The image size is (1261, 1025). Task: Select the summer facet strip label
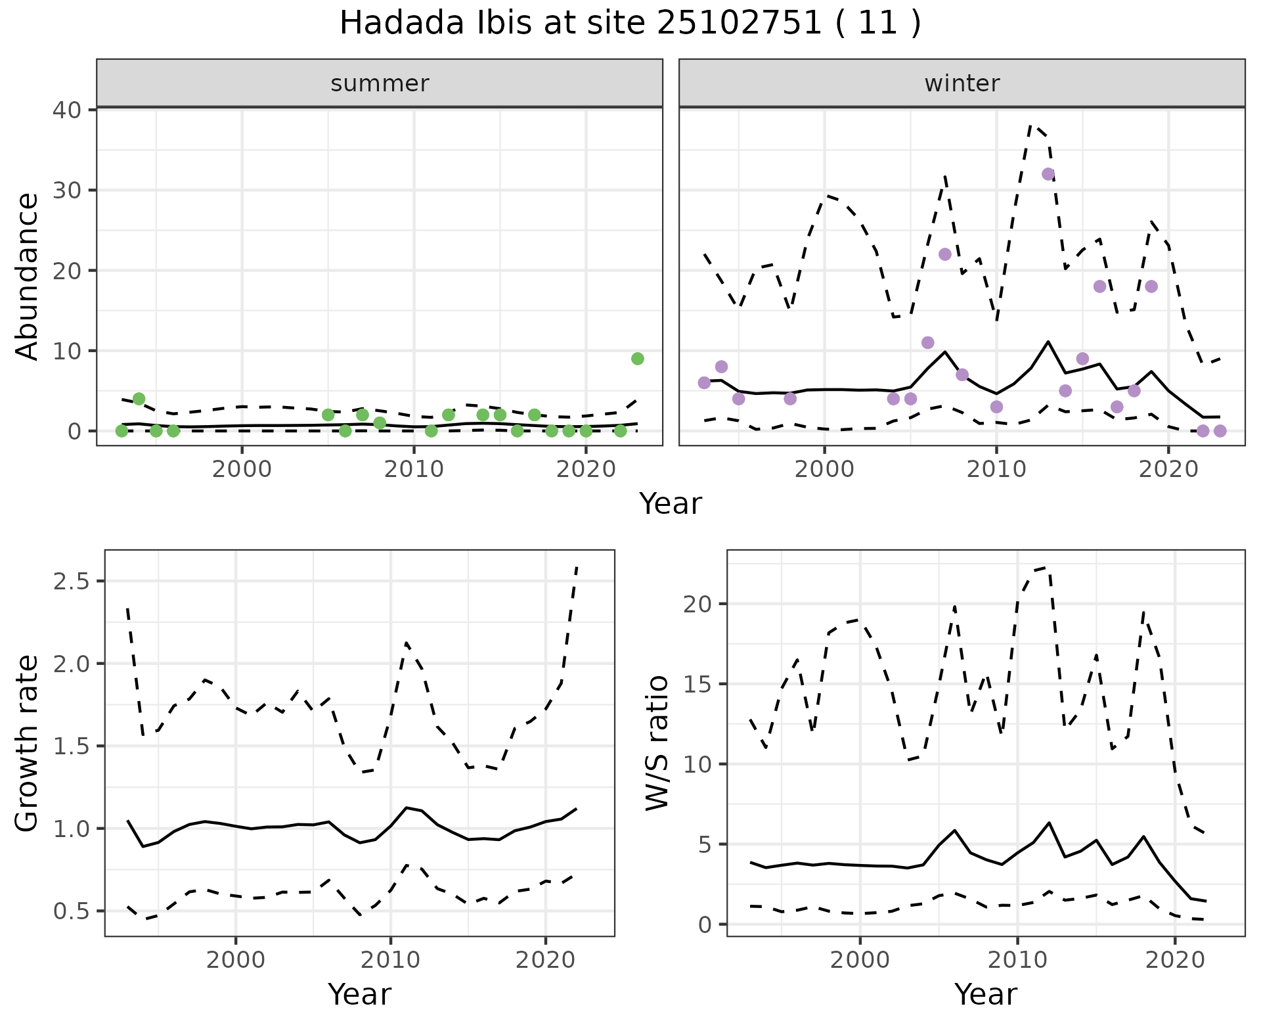pyautogui.click(x=380, y=83)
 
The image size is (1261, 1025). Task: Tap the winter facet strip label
pyautogui.click(x=962, y=83)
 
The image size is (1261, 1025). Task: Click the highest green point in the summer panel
pyautogui.click(x=637, y=359)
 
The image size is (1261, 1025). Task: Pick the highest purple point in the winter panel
pyautogui.click(x=1048, y=174)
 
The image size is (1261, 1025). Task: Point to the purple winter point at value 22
pyautogui.click(x=945, y=254)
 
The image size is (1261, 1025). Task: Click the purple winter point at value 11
pyautogui.click(x=928, y=342)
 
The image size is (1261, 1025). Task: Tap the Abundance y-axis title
pyautogui.click(x=28, y=277)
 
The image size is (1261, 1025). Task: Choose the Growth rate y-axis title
pyautogui.click(x=28, y=743)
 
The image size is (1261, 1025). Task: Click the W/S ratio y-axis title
pyautogui.click(x=657, y=743)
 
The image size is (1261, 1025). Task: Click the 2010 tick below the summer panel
pyautogui.click(x=414, y=470)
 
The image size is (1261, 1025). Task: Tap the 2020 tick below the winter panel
pyautogui.click(x=1168, y=470)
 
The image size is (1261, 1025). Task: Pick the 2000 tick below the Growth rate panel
pyautogui.click(x=236, y=961)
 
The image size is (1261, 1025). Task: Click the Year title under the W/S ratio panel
pyautogui.click(x=985, y=994)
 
